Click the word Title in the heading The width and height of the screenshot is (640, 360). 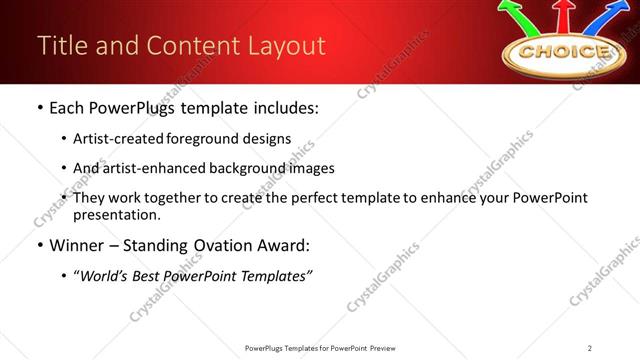coord(57,46)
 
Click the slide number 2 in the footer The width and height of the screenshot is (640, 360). coord(590,348)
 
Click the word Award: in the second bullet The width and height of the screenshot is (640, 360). coord(276,244)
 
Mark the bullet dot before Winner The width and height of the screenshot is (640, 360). coord(38,245)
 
